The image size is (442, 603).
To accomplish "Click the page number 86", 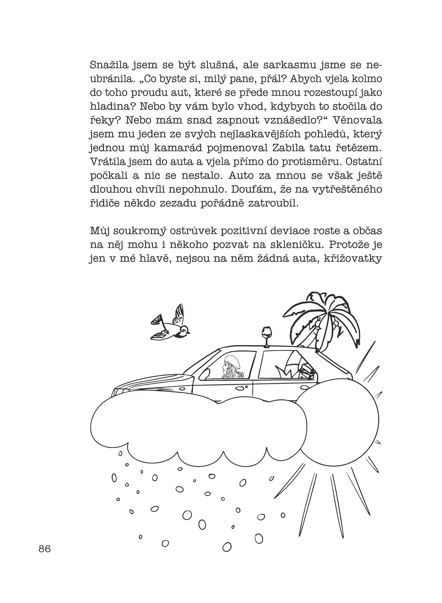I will click(45, 548).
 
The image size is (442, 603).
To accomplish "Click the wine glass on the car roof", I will click(266, 337).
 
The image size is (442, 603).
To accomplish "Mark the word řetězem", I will click(359, 148).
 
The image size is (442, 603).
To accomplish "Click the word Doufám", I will click(250, 189).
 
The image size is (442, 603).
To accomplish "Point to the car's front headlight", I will click(119, 391).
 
